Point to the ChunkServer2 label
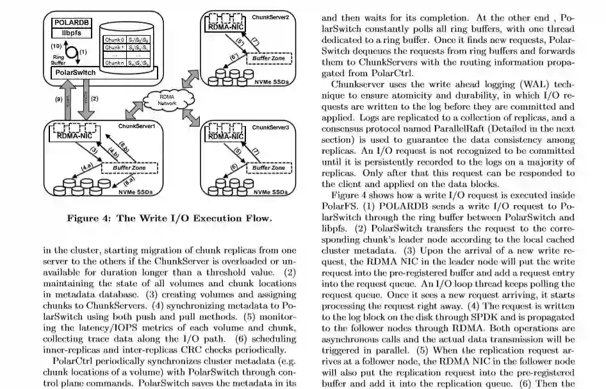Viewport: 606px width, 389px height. pyautogui.click(x=270, y=17)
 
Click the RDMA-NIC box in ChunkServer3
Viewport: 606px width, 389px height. pyautogui.click(x=226, y=136)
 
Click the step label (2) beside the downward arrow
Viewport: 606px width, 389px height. pyautogui.click(x=94, y=99)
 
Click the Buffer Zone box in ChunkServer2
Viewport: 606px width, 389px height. pyautogui.click(x=269, y=58)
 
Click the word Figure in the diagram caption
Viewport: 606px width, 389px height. pyautogui.click(x=82, y=218)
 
